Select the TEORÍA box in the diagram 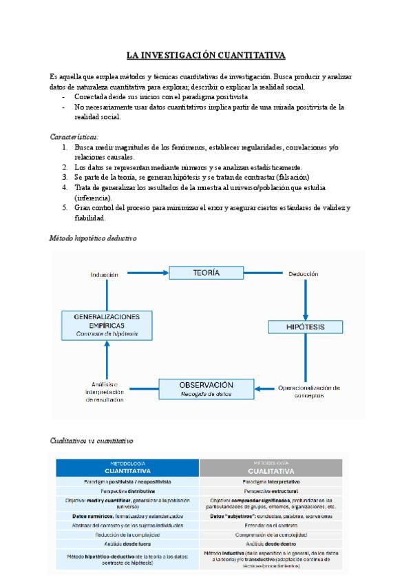[206, 273]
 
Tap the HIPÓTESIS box [306, 326]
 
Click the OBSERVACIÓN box [206, 388]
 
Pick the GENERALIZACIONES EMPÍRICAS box [107, 324]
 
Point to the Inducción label [105, 274]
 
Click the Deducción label [304, 274]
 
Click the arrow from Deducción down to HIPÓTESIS [306, 296]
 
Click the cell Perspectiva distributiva [127, 492]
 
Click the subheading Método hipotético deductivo [93, 238]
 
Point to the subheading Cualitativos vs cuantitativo [92, 439]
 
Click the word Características [74, 137]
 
